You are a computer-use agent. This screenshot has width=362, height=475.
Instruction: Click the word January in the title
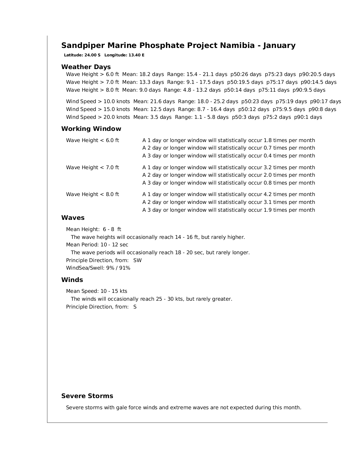point(279,46)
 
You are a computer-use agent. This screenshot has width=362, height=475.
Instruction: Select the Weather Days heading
point(86,67)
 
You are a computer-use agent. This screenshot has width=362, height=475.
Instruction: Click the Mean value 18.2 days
point(151,74)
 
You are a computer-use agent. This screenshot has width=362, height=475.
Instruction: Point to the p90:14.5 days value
point(319,82)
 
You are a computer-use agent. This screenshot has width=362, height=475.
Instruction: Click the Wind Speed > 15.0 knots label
point(98,109)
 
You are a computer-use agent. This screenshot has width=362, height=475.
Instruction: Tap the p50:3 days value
point(246,117)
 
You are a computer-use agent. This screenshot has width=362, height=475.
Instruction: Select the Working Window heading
point(91,129)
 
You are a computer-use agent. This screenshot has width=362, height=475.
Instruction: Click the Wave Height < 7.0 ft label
point(93,167)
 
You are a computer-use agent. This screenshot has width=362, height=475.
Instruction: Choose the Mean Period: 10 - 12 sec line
point(97,245)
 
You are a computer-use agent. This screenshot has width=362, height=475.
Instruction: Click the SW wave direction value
point(137,260)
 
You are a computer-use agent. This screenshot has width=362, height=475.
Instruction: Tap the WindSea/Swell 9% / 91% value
point(118,268)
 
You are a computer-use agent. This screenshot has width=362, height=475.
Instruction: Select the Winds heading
point(72,280)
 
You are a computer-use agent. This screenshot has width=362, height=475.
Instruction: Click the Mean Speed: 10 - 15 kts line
point(97,291)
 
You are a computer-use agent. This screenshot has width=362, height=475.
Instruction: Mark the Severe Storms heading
point(87,396)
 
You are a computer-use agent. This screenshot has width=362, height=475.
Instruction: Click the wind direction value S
point(135,307)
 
